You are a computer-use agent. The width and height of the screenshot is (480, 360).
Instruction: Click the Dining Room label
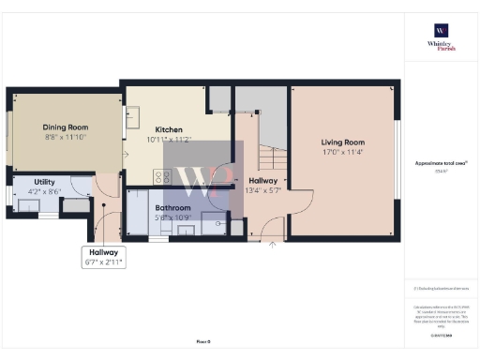point(65,127)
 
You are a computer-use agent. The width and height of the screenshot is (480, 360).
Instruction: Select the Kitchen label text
point(169,129)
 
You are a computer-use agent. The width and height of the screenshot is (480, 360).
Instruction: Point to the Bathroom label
point(173,207)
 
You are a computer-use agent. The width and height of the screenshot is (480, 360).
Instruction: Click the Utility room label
point(44,181)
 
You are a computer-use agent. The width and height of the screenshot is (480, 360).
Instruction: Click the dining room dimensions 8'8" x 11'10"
point(65,138)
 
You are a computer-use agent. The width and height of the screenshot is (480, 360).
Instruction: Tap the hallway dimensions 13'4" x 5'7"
point(262,190)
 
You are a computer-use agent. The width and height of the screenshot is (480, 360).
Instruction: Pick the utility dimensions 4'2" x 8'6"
point(44,191)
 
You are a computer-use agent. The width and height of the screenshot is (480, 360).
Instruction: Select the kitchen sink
point(133,115)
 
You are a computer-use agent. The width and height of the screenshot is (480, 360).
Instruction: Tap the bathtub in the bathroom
point(139,215)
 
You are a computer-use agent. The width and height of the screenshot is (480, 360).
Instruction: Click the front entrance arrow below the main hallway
point(273,245)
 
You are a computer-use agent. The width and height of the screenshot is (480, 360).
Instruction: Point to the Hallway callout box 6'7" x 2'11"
point(104,257)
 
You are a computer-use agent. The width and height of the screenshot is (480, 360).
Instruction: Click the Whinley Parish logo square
point(441,29)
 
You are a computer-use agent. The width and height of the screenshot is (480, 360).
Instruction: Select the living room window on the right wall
point(397,159)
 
